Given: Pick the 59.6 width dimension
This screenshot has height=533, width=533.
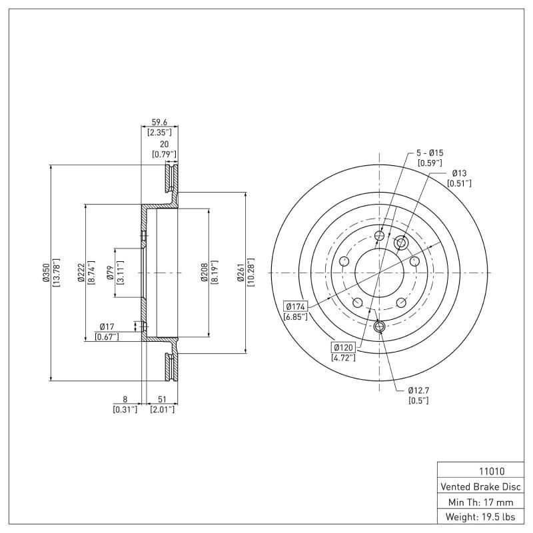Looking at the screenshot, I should click(159, 122).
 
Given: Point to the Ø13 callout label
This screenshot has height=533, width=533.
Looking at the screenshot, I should click(458, 173).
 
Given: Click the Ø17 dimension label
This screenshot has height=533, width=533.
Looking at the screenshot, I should click(108, 326).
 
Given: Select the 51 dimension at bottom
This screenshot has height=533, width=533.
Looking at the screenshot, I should click(161, 400).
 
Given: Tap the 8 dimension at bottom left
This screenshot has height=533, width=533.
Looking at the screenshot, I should click(125, 400).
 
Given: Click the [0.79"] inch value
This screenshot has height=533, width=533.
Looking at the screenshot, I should click(164, 155).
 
